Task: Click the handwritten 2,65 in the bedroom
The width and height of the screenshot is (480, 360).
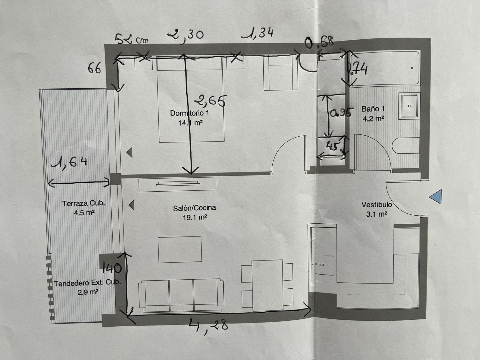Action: [210, 101]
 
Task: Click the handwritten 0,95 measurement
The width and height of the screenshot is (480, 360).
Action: [340, 113]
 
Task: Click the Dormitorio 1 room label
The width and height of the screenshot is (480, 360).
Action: [189, 113]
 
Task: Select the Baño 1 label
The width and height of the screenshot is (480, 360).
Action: [373, 108]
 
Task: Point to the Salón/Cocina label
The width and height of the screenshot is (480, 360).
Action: [195, 208]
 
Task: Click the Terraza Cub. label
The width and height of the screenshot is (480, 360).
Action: [84, 203]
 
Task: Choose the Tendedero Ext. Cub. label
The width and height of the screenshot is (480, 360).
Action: [87, 283]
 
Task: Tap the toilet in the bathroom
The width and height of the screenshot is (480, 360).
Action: [406, 146]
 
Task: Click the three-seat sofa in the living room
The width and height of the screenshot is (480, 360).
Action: [181, 296]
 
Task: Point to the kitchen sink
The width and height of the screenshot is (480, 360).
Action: [324, 265]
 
